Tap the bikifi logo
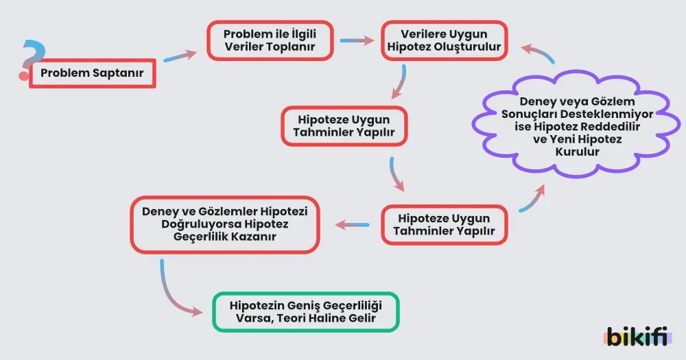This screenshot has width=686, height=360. [637, 336]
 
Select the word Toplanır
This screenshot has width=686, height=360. [287, 47]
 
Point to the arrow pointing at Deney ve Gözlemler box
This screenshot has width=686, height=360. [351, 224]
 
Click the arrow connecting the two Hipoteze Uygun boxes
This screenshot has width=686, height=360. [396, 174]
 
